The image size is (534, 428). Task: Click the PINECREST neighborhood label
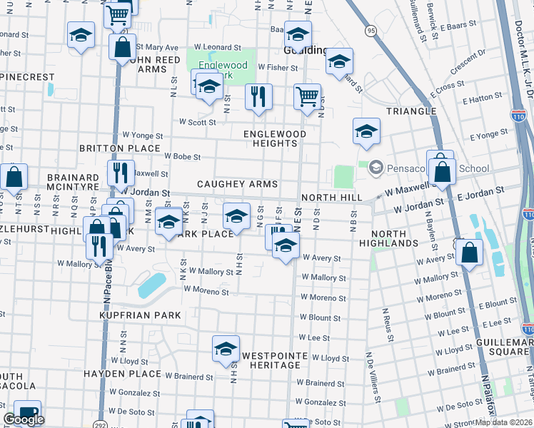click(27, 76)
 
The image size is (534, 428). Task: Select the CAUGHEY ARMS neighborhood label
click(237, 184)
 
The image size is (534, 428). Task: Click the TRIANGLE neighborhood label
click(411, 111)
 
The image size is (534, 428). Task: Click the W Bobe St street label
click(182, 156)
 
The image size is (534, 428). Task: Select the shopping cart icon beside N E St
click(307, 96)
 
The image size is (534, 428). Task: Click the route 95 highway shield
click(370, 31)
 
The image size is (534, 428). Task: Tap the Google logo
click(24, 420)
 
